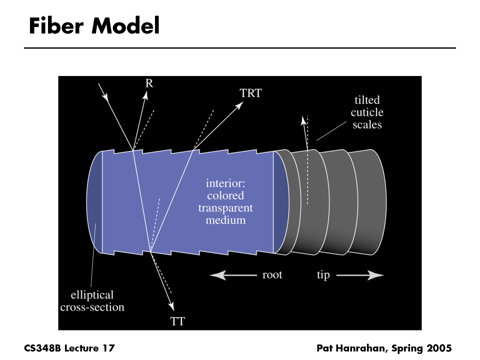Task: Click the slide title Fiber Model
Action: pos(94,26)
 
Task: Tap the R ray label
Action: pos(149,83)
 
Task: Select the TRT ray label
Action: pos(250,93)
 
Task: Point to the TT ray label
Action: pos(178,321)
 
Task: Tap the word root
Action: pos(272,274)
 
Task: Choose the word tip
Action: pos(323,275)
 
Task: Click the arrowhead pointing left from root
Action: pos(214,274)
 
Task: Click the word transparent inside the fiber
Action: pos(225,207)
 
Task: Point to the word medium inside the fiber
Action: pos(225,219)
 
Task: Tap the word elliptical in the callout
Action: pos(92,295)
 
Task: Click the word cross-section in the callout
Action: pos(92,307)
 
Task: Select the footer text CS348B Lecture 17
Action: pos(69,347)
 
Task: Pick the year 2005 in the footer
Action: pos(438,347)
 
